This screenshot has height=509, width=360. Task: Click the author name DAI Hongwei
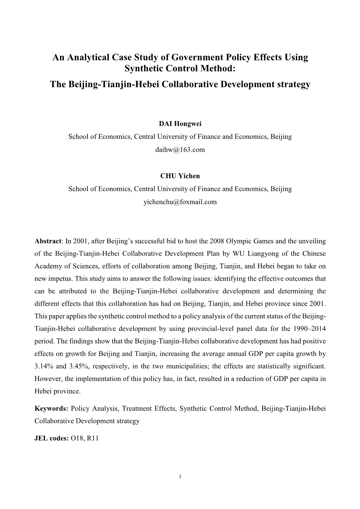point(180,124)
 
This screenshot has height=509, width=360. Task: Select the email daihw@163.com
point(180,150)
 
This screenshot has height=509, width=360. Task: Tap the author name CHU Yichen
point(180,176)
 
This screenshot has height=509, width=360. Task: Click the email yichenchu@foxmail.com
point(180,202)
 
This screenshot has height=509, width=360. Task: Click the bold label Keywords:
point(51,408)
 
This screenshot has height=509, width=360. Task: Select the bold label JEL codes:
point(51,438)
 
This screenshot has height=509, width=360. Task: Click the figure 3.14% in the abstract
point(43,366)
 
